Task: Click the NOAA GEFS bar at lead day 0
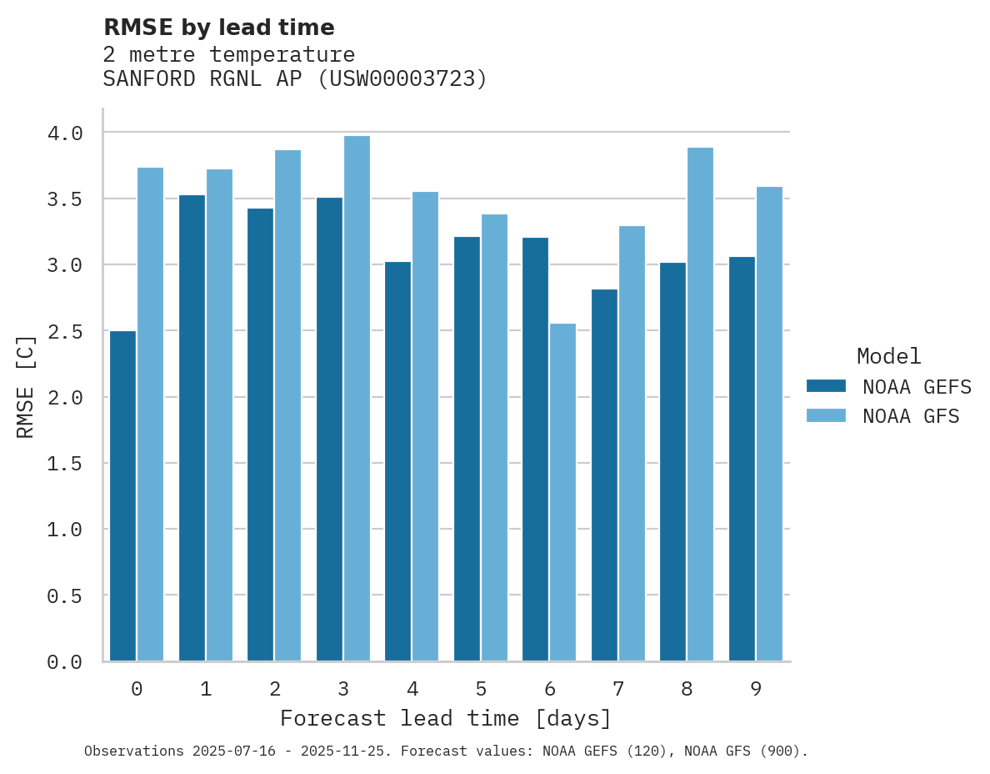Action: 122,496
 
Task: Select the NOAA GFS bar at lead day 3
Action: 357,399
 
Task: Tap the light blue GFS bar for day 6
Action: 562,492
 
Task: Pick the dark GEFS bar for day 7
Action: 604,475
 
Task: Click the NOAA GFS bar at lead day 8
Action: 700,405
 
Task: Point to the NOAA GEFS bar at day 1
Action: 192,428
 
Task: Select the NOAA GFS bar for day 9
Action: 769,424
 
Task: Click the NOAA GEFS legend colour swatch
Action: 826,386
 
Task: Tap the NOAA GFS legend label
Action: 911,416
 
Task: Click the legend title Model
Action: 888,356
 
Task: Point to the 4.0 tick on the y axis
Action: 65,133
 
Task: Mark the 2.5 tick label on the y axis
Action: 65,331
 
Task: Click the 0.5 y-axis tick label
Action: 65,596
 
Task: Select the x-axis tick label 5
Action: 481,689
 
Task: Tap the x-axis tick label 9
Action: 756,689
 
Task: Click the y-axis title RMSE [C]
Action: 26,386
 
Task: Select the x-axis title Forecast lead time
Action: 446,718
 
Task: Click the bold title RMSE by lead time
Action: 218,28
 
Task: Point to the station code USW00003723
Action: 402,79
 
